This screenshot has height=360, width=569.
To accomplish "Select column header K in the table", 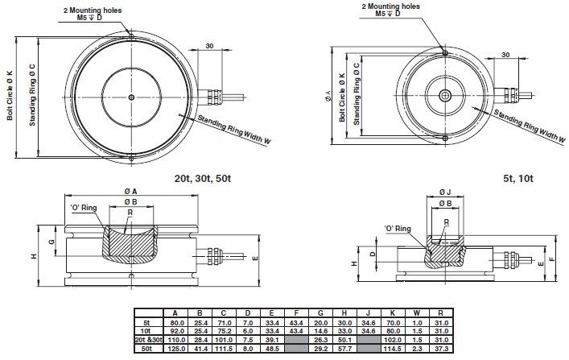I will point(393,313).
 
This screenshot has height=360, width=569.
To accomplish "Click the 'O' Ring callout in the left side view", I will point(84,208).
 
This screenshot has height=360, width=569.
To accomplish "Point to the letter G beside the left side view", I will point(51,242).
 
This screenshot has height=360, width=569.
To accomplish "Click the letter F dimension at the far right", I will point(561,260).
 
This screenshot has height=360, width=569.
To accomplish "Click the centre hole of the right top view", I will point(445,95).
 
